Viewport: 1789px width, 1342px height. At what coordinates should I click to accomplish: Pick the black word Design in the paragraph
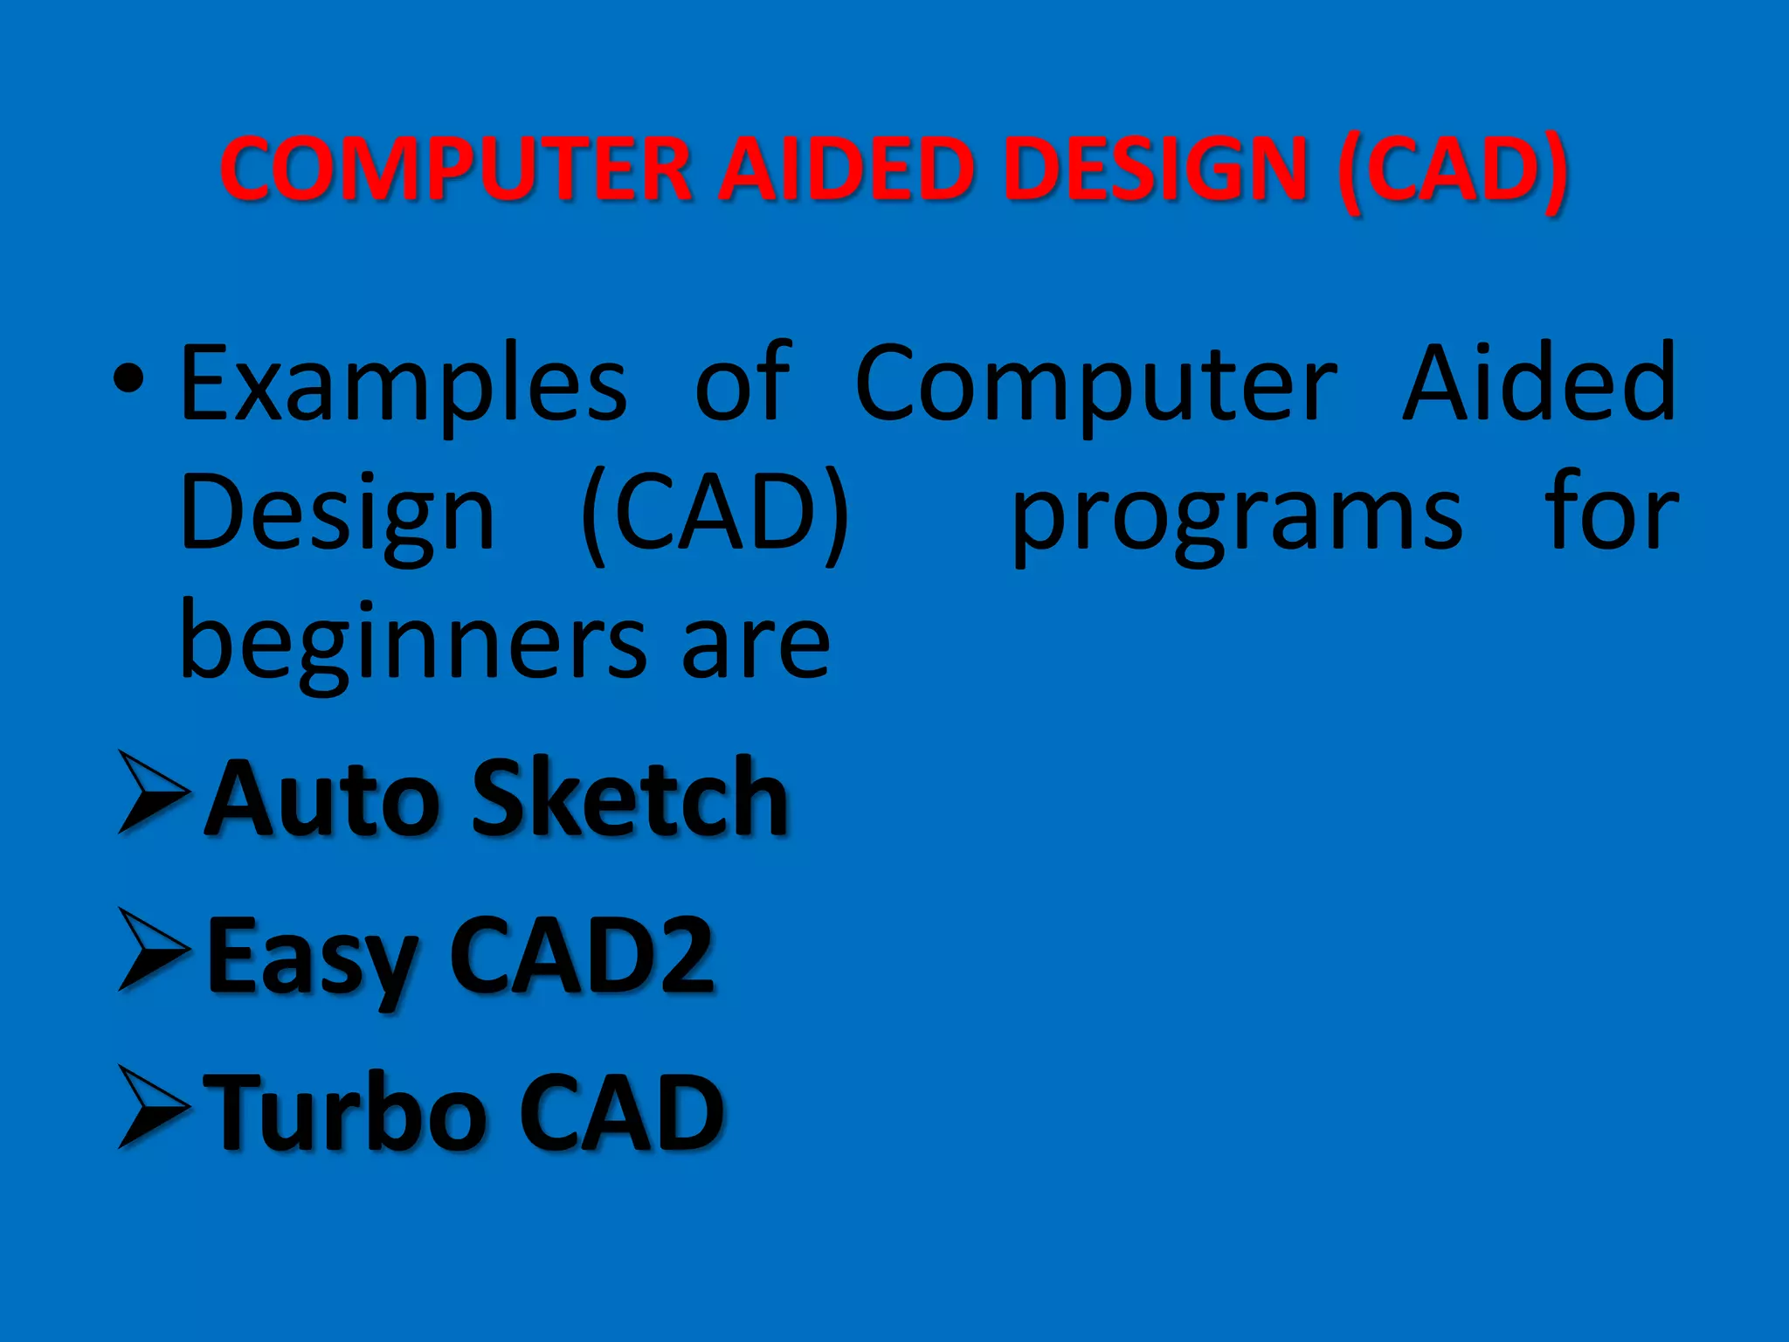[337, 515]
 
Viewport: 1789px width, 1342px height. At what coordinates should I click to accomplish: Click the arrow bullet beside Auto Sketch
[153, 792]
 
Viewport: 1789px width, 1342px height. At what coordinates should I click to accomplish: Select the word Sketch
[630, 797]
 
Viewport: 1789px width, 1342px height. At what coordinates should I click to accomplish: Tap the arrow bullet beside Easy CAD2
[153, 950]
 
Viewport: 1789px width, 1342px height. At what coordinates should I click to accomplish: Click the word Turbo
[349, 1111]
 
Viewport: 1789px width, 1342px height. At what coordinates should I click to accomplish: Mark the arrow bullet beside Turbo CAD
[153, 1107]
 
